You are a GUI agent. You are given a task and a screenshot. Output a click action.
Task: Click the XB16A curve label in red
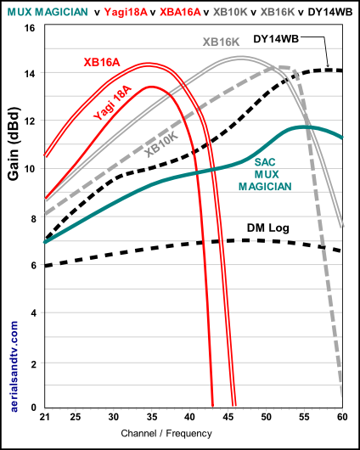click(102, 61)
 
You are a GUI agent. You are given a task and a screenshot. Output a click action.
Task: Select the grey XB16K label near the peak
click(220, 42)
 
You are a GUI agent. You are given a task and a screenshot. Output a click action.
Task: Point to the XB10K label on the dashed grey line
click(161, 142)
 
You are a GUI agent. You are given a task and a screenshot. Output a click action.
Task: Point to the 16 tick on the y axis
click(30, 28)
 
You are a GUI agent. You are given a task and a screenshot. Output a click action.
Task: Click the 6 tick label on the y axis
click(32, 266)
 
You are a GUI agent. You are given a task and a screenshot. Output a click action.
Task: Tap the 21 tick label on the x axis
click(44, 418)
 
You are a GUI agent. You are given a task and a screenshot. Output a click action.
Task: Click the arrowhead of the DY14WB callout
click(328, 66)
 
